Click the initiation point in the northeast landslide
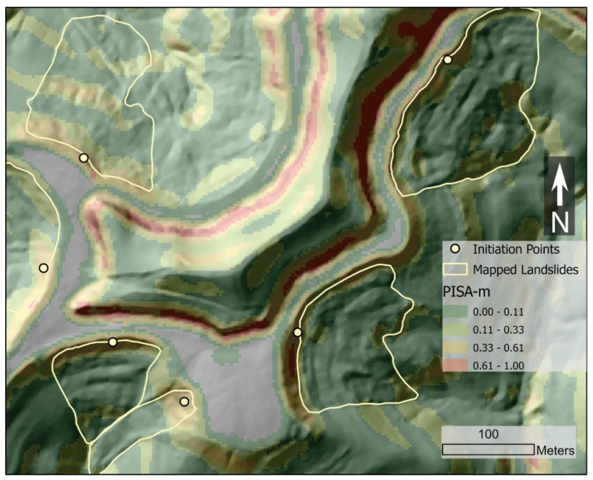click(x=448, y=60)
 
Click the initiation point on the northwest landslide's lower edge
click(x=83, y=158)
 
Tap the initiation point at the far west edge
click(x=43, y=268)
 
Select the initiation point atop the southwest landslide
click(x=113, y=342)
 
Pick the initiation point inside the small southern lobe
click(x=184, y=402)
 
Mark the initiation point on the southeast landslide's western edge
click(x=298, y=332)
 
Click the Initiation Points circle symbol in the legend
click(x=455, y=249)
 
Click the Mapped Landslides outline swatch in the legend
click(x=455, y=269)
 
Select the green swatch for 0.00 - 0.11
click(x=455, y=312)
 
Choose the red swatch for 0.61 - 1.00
click(x=455, y=365)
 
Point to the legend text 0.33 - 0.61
click(x=498, y=348)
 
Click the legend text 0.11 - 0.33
click(x=498, y=330)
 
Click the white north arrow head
click(x=560, y=174)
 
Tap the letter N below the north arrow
click(x=560, y=222)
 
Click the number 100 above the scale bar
click(x=488, y=434)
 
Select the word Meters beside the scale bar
click(x=555, y=450)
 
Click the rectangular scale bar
click(x=488, y=450)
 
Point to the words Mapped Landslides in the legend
click(x=525, y=270)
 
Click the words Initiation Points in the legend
click(x=516, y=249)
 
